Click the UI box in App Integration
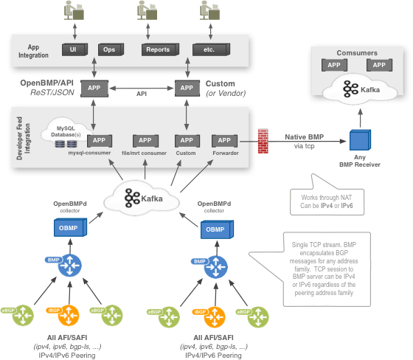73,49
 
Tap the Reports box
158,49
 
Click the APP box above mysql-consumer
99,140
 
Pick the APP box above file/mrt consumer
145,140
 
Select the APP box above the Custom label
186,140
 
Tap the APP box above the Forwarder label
223,140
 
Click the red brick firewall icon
263,141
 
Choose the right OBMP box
215,229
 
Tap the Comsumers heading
357,53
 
